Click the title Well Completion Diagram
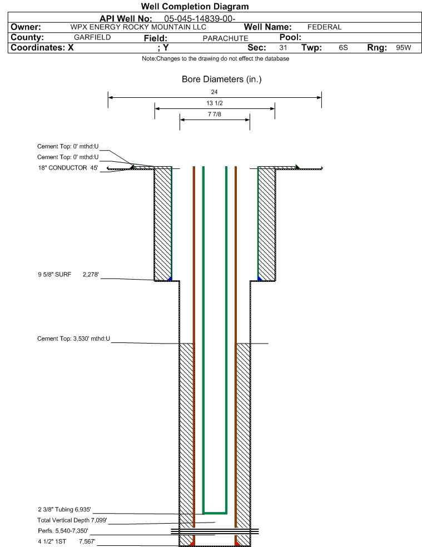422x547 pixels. point(195,6)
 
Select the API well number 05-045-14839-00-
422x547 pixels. point(200,18)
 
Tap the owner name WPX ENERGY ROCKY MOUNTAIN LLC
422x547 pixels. point(138,27)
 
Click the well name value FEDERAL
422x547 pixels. point(324,27)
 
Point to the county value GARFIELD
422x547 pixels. point(92,37)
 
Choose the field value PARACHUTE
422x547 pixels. point(226,38)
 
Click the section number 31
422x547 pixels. point(283,47)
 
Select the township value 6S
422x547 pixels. point(343,47)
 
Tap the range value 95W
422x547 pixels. point(404,47)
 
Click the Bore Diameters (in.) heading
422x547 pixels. point(222,79)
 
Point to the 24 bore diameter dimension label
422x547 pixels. point(214,92)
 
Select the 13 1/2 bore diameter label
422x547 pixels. point(214,103)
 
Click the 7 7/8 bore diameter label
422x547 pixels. point(214,114)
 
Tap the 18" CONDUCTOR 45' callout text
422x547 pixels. point(68,168)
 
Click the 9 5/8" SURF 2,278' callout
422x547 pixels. point(68,275)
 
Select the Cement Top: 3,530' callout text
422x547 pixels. point(73,339)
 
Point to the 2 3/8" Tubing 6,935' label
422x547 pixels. point(64,510)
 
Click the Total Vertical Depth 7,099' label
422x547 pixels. point(72,520)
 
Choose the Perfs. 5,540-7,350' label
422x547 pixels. point(63,531)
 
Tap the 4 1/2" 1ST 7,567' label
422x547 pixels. point(67,541)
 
